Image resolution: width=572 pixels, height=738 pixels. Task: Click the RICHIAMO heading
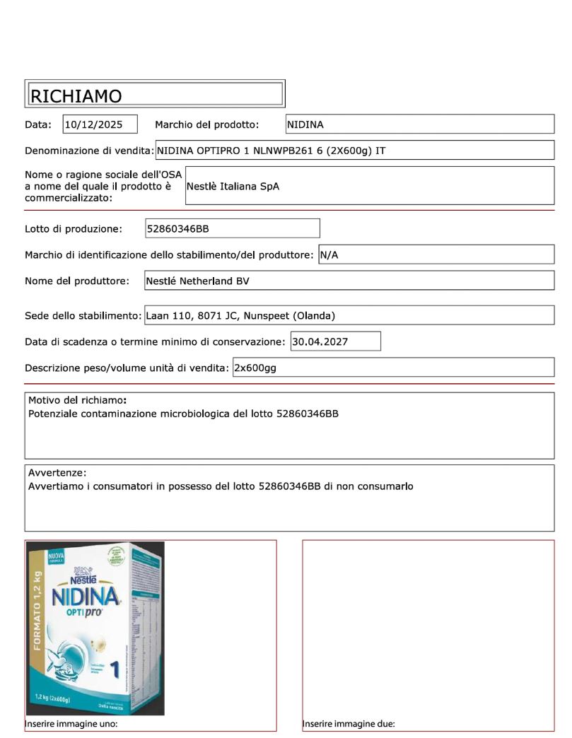point(76,96)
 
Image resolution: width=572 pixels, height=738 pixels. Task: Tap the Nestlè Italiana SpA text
point(233,187)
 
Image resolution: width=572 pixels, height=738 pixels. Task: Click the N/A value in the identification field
point(329,254)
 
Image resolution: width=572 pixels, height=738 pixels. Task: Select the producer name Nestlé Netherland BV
point(198,281)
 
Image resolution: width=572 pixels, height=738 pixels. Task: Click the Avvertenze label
point(57,472)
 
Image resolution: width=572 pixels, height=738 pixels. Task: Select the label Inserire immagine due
point(349,724)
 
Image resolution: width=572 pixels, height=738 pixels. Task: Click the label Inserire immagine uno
point(71,724)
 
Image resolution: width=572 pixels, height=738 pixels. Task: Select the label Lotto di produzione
point(74,228)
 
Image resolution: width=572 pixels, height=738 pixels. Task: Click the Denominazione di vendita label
point(89,151)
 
